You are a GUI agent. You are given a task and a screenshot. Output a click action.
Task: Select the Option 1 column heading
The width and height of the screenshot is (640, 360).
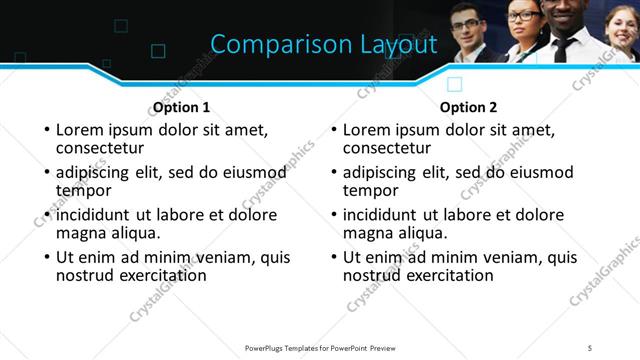coord(181,107)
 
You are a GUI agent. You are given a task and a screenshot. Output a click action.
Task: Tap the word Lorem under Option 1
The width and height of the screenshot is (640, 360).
coord(81,130)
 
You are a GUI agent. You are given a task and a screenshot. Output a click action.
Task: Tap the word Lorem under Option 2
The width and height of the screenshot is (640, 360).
coord(368,130)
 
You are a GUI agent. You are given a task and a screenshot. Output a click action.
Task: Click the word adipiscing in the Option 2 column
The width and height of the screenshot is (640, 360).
coord(388,172)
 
